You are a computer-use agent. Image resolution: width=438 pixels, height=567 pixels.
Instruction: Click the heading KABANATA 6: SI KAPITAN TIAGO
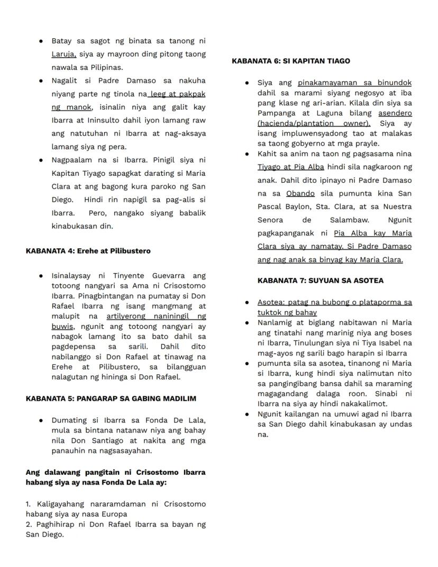pos(290,61)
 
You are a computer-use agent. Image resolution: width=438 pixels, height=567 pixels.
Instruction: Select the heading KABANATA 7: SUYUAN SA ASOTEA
pos(321,281)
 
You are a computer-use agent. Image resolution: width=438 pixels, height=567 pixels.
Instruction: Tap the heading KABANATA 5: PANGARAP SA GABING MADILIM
pos(111,399)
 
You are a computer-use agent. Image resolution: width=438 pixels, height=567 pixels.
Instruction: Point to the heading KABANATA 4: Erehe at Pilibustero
pos(88,251)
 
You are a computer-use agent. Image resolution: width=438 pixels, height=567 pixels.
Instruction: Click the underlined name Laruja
pos(63,54)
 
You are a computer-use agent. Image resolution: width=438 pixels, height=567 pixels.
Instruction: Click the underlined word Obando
pos(300,193)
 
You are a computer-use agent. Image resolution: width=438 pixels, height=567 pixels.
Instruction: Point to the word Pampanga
pos(276,113)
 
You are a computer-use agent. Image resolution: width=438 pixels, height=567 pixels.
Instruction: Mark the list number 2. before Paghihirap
pos(29,524)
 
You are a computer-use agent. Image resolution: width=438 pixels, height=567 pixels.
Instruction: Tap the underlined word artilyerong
pos(126,316)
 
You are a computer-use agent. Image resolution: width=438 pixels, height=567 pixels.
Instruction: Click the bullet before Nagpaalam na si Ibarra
pos(40,160)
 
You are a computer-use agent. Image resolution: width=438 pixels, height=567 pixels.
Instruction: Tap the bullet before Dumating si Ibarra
pos(40,420)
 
